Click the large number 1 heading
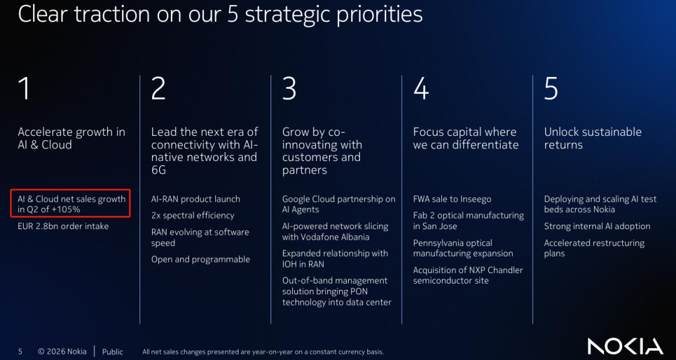tap(25, 88)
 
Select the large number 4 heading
tap(421, 88)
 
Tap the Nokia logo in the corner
tap(625, 347)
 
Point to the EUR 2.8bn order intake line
tap(63, 226)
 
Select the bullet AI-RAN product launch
tap(196, 199)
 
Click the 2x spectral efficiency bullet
tap(193, 215)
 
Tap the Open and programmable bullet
tap(200, 260)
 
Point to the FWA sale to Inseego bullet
tap(453, 199)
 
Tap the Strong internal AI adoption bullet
tap(597, 227)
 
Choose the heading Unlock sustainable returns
tap(593, 138)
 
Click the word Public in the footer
tap(113, 352)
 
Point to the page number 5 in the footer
tap(20, 352)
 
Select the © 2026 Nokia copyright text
tap(62, 352)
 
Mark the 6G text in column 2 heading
tap(158, 170)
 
